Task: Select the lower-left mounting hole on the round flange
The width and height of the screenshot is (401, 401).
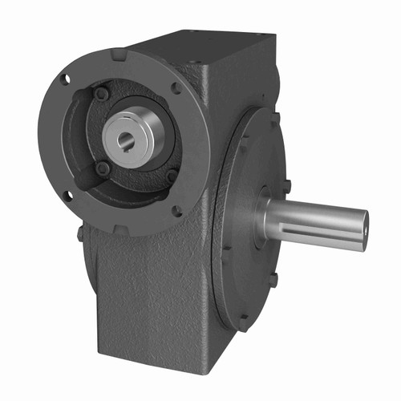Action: [67, 195]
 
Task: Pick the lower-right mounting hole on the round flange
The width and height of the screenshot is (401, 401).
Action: [176, 211]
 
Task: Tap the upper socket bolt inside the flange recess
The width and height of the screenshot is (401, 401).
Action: [103, 95]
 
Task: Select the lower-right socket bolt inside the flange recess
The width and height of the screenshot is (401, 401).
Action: [171, 176]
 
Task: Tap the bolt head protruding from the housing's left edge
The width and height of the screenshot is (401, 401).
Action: [80, 233]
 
